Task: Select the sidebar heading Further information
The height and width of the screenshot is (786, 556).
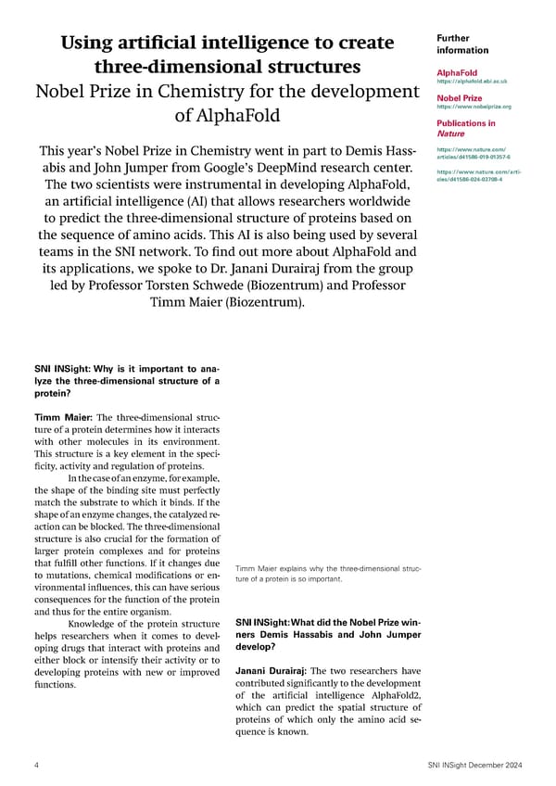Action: pos(461,44)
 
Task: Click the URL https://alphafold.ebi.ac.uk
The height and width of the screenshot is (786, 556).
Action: pos(471,82)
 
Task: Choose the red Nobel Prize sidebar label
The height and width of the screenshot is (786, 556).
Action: pos(459,97)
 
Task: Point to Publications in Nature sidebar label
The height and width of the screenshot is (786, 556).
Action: pos(465,128)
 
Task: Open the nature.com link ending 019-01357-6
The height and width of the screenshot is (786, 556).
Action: pos(472,153)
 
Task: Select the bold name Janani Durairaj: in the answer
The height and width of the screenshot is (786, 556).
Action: pos(269,671)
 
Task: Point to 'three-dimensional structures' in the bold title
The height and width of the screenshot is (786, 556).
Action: pos(227,68)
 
